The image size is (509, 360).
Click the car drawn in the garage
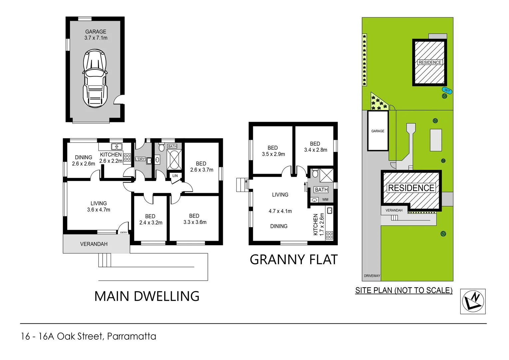point(95,79)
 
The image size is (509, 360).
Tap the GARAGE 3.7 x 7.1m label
point(96,35)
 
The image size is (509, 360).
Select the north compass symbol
point(473,301)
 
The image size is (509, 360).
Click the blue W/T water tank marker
point(447,91)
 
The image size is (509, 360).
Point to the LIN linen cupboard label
point(175,176)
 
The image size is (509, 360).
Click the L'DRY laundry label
point(140,159)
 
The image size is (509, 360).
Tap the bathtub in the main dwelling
point(174,160)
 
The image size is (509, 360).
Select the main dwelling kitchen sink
point(117,146)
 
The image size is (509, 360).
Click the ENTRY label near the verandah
point(124,232)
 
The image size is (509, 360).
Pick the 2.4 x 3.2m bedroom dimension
point(151,223)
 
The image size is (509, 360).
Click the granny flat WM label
point(325,200)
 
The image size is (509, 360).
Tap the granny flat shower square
point(326,175)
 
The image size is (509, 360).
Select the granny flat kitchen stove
point(329,235)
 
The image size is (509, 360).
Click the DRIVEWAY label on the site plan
point(372,276)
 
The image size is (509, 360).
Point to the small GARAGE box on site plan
point(378,131)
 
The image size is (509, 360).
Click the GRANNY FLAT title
point(293,260)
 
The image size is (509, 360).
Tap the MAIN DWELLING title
point(147,296)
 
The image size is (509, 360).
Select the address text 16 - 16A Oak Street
point(88,336)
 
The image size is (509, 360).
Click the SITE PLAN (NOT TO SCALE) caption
point(404,290)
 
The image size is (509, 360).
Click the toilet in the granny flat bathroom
point(315,173)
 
